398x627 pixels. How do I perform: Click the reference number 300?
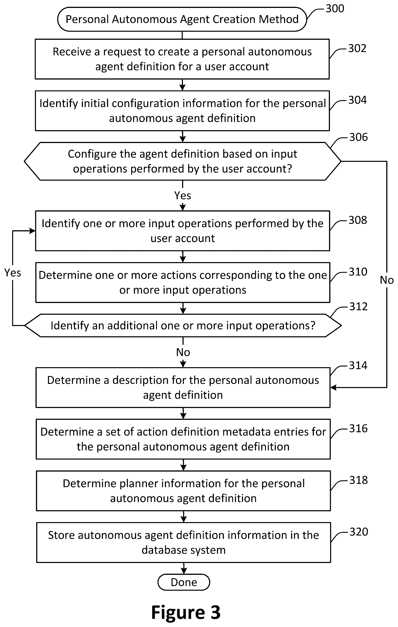tap(335, 9)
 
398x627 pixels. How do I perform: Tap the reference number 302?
tap(357, 49)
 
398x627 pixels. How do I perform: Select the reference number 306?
tap(358, 137)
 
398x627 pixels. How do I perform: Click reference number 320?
tap(359, 531)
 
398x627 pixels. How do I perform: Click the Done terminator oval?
tap(184, 582)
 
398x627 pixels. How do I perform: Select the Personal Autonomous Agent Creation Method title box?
tap(182, 19)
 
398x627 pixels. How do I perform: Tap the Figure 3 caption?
tap(186, 612)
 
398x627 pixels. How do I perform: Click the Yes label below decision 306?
tap(182, 195)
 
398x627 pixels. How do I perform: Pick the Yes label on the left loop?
tap(12, 273)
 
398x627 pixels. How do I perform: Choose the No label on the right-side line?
tap(387, 280)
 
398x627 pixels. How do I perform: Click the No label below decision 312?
tap(183, 352)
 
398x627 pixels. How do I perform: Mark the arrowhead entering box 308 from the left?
tap(32, 231)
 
